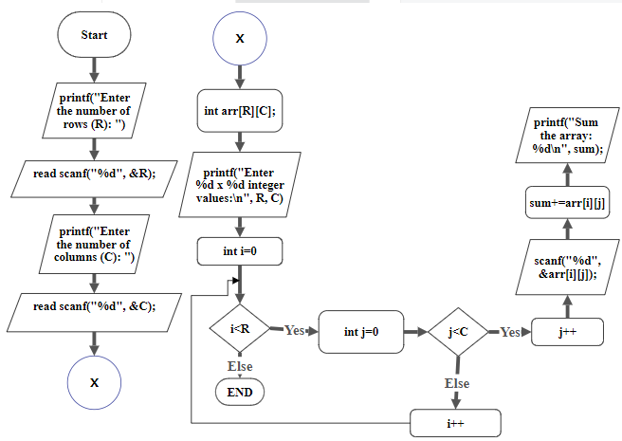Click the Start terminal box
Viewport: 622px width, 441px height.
pos(94,35)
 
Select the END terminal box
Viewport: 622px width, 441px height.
pos(240,390)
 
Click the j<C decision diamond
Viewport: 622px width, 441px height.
pos(458,332)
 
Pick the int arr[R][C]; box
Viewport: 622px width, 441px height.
pos(240,111)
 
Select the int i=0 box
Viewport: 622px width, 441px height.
pos(240,251)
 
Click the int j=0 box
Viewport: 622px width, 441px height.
pos(361,332)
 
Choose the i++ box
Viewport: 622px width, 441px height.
pos(455,422)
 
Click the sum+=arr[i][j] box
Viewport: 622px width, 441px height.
pos(567,202)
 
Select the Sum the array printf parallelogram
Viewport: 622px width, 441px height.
pos(567,137)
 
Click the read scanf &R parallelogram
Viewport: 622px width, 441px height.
pos(94,175)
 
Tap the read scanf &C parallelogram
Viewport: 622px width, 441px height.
pos(94,306)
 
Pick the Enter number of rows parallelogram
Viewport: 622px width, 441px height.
pos(94,111)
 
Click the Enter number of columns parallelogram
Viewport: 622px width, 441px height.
pos(94,243)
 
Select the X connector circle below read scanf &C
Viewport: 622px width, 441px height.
pos(94,382)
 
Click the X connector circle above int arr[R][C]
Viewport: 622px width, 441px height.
pos(240,39)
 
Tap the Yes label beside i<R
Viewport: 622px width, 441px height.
pos(294,331)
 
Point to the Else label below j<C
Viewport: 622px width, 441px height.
pos(457,383)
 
